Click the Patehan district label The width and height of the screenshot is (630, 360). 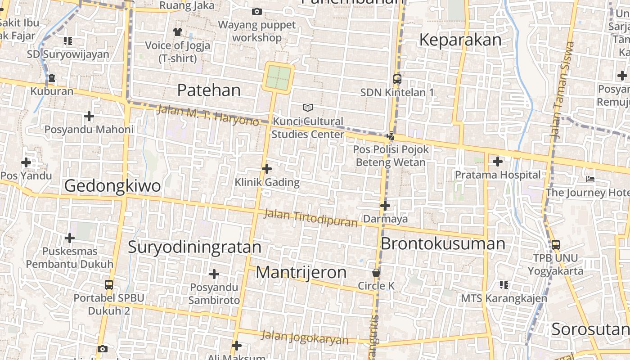pos(209,90)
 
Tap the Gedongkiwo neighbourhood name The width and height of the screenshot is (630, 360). pos(112,185)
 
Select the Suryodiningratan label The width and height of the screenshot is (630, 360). pos(194,247)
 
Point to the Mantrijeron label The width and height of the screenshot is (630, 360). pos(301,272)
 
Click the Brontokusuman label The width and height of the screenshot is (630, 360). pos(443,243)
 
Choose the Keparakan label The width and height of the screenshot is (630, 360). pos(460,40)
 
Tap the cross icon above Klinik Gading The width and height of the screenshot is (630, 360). pos(267,169)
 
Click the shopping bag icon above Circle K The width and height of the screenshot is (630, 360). pos(376,273)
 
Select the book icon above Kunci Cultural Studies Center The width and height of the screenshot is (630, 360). pos(308,108)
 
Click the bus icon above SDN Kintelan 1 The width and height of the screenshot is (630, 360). pos(397,79)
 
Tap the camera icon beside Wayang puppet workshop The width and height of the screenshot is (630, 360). pos(257,11)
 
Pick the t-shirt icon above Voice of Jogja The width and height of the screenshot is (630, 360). pos(178,32)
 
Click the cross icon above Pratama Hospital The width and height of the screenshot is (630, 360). pos(498,161)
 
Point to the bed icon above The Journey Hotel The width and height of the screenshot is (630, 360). pos(590,179)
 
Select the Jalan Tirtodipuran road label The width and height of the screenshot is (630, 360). pos(310,218)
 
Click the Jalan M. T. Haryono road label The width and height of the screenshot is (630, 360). pos(207,115)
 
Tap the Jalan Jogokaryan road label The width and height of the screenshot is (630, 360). pos(305,337)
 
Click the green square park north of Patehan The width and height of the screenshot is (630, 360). pos(279,77)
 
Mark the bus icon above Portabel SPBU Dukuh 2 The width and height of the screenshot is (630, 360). pos(109,285)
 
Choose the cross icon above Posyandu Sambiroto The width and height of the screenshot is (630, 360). pos(214,274)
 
